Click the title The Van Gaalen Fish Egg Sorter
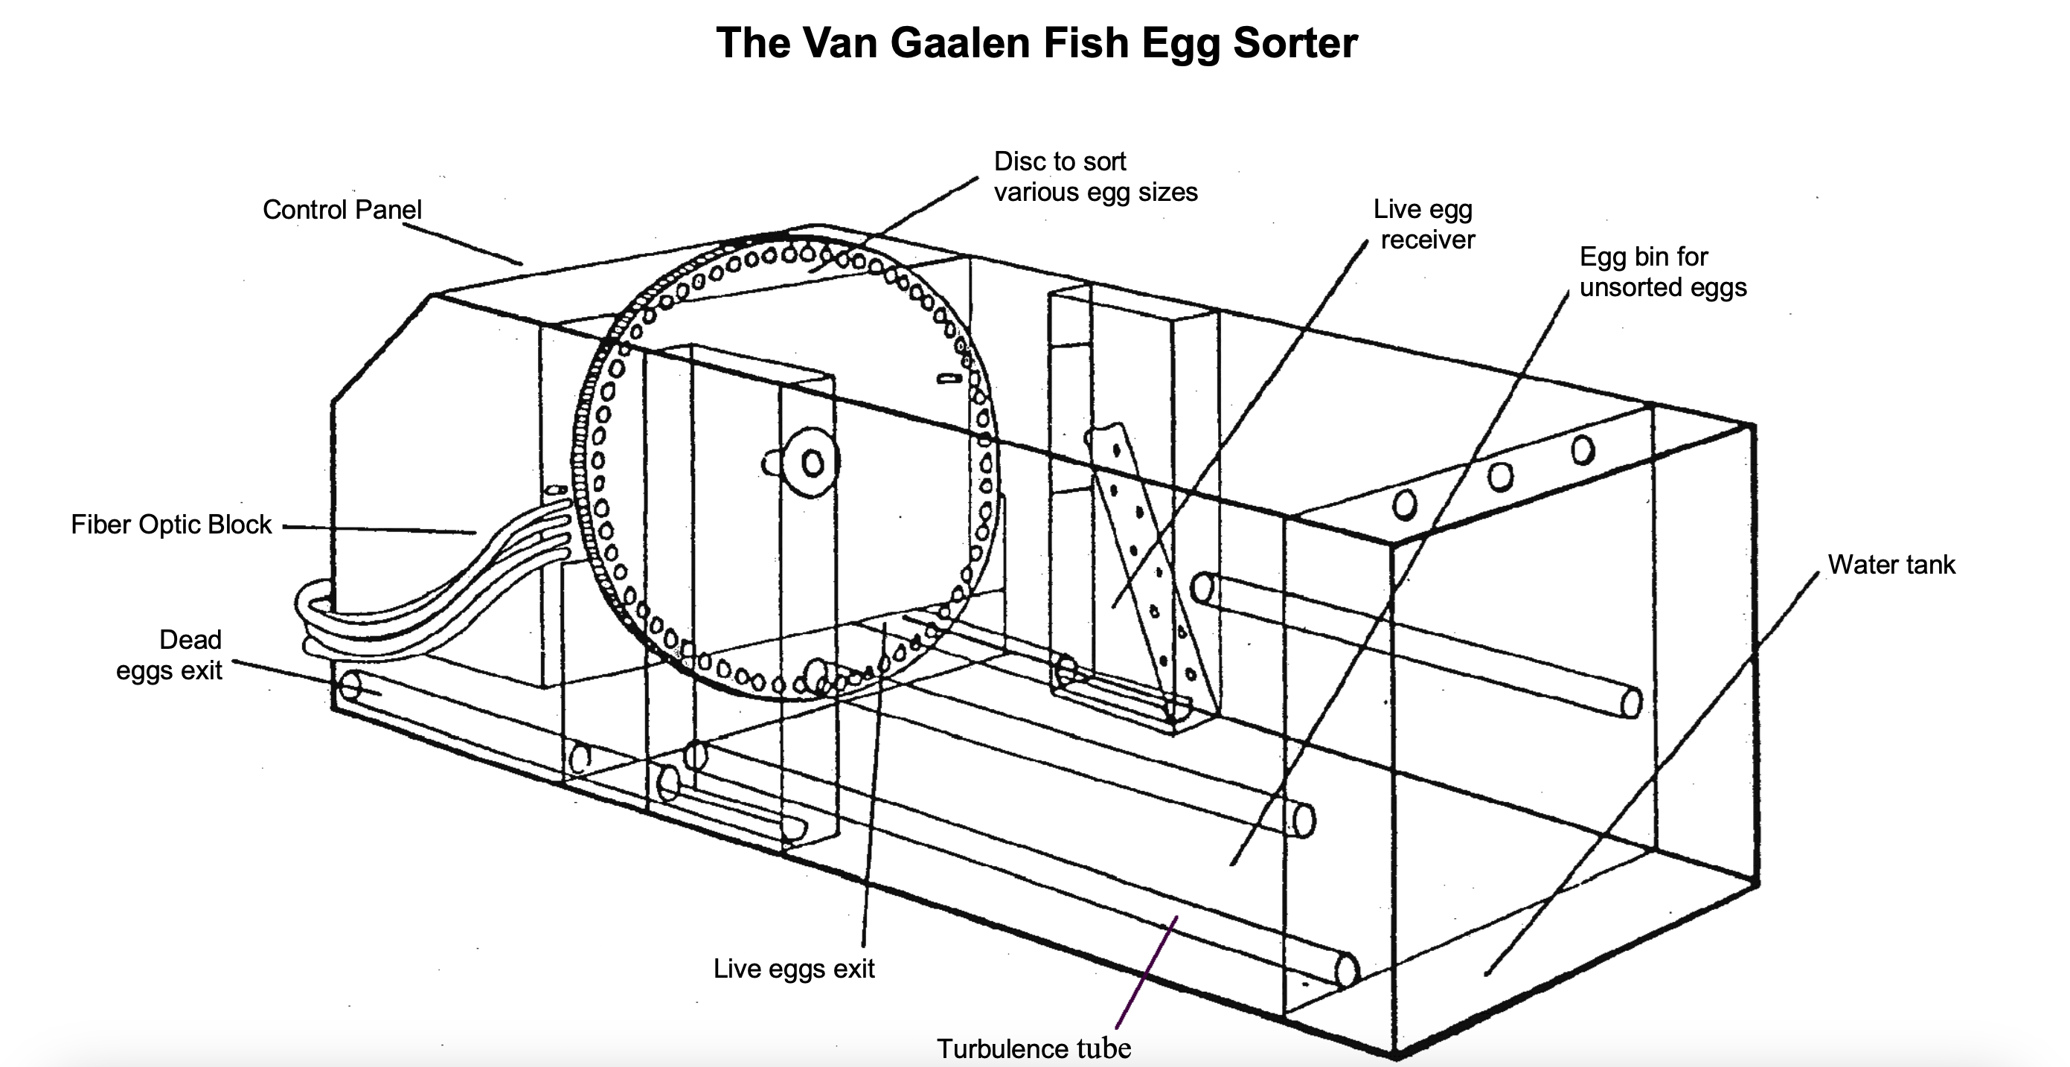[1036, 42]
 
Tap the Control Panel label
[342, 210]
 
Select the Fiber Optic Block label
[171, 525]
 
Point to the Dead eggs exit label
[169, 655]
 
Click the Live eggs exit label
[793, 968]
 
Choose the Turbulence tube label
[1034, 1048]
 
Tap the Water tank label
[1891, 565]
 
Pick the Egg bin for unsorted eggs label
[1662, 272]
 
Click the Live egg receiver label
[1425, 224]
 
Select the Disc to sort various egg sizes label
[1095, 177]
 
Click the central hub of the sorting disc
[813, 464]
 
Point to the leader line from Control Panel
[462, 243]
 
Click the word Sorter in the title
[1295, 42]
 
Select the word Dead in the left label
[190, 640]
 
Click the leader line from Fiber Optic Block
[378, 529]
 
